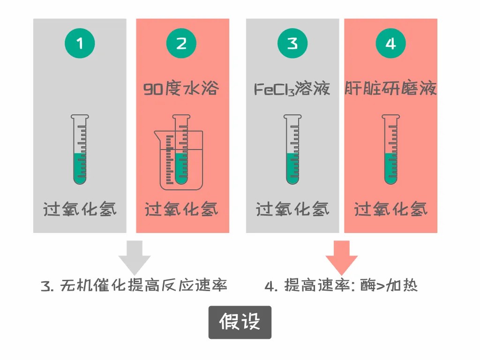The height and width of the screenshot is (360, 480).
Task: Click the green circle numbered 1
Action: click(80, 44)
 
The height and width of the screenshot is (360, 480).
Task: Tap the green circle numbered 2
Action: click(181, 44)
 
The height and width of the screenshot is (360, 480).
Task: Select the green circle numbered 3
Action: click(292, 44)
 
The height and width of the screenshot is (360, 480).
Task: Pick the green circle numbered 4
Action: click(390, 44)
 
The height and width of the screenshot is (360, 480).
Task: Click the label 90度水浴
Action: click(181, 89)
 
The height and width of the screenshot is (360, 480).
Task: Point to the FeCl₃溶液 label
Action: click(292, 89)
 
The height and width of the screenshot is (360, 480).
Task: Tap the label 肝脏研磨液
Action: click(390, 89)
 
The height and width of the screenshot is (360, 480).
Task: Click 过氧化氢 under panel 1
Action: click(80, 209)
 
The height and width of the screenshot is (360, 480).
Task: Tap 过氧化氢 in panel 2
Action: click(181, 209)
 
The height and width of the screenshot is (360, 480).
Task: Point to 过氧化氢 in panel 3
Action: click(292, 209)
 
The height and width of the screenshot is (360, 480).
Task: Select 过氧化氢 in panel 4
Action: click(390, 209)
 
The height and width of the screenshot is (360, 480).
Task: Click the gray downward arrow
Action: click(135, 257)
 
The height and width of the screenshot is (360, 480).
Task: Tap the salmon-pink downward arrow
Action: click(341, 257)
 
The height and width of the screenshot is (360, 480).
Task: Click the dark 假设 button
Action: click(240, 322)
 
